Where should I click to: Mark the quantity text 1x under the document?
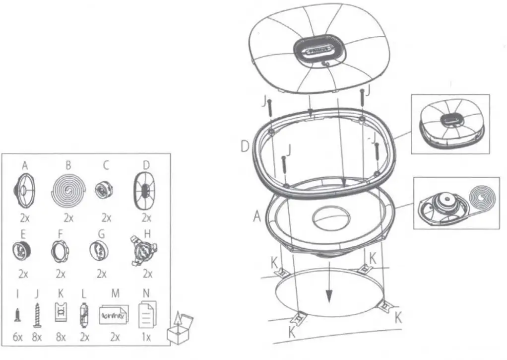[x=146, y=337]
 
